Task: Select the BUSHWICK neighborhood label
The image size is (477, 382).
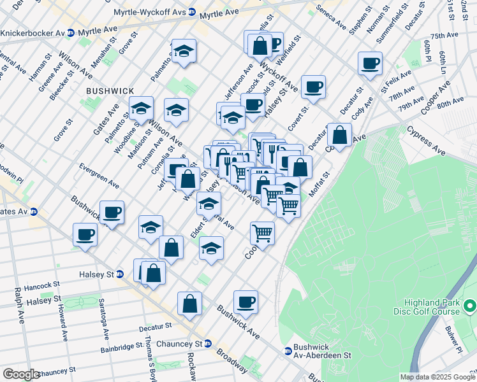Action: pyautogui.click(x=111, y=92)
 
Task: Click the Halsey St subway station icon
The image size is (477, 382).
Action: pyautogui.click(x=119, y=274)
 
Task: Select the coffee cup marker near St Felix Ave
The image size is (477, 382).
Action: pyautogui.click(x=369, y=64)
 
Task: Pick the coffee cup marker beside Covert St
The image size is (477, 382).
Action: pyautogui.click(x=313, y=87)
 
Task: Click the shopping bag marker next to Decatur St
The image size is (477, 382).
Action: pyautogui.click(x=340, y=135)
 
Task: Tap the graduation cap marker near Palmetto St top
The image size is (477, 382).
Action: pyautogui.click(x=184, y=51)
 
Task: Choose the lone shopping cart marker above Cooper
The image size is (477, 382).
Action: pyautogui.click(x=262, y=233)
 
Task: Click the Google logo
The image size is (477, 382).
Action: pyautogui.click(x=21, y=374)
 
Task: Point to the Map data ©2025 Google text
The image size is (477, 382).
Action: pyautogui.click(x=437, y=377)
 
